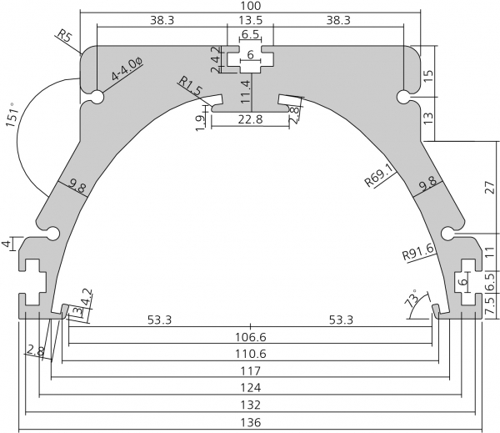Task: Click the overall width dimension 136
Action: point(251,422)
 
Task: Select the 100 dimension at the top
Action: point(251,6)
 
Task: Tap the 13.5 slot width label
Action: point(251,20)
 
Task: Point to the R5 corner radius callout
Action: point(63,36)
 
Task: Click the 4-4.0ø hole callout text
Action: point(127,68)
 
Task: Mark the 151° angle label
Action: point(12,115)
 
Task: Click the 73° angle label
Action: point(412,298)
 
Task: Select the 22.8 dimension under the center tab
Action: point(251,119)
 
